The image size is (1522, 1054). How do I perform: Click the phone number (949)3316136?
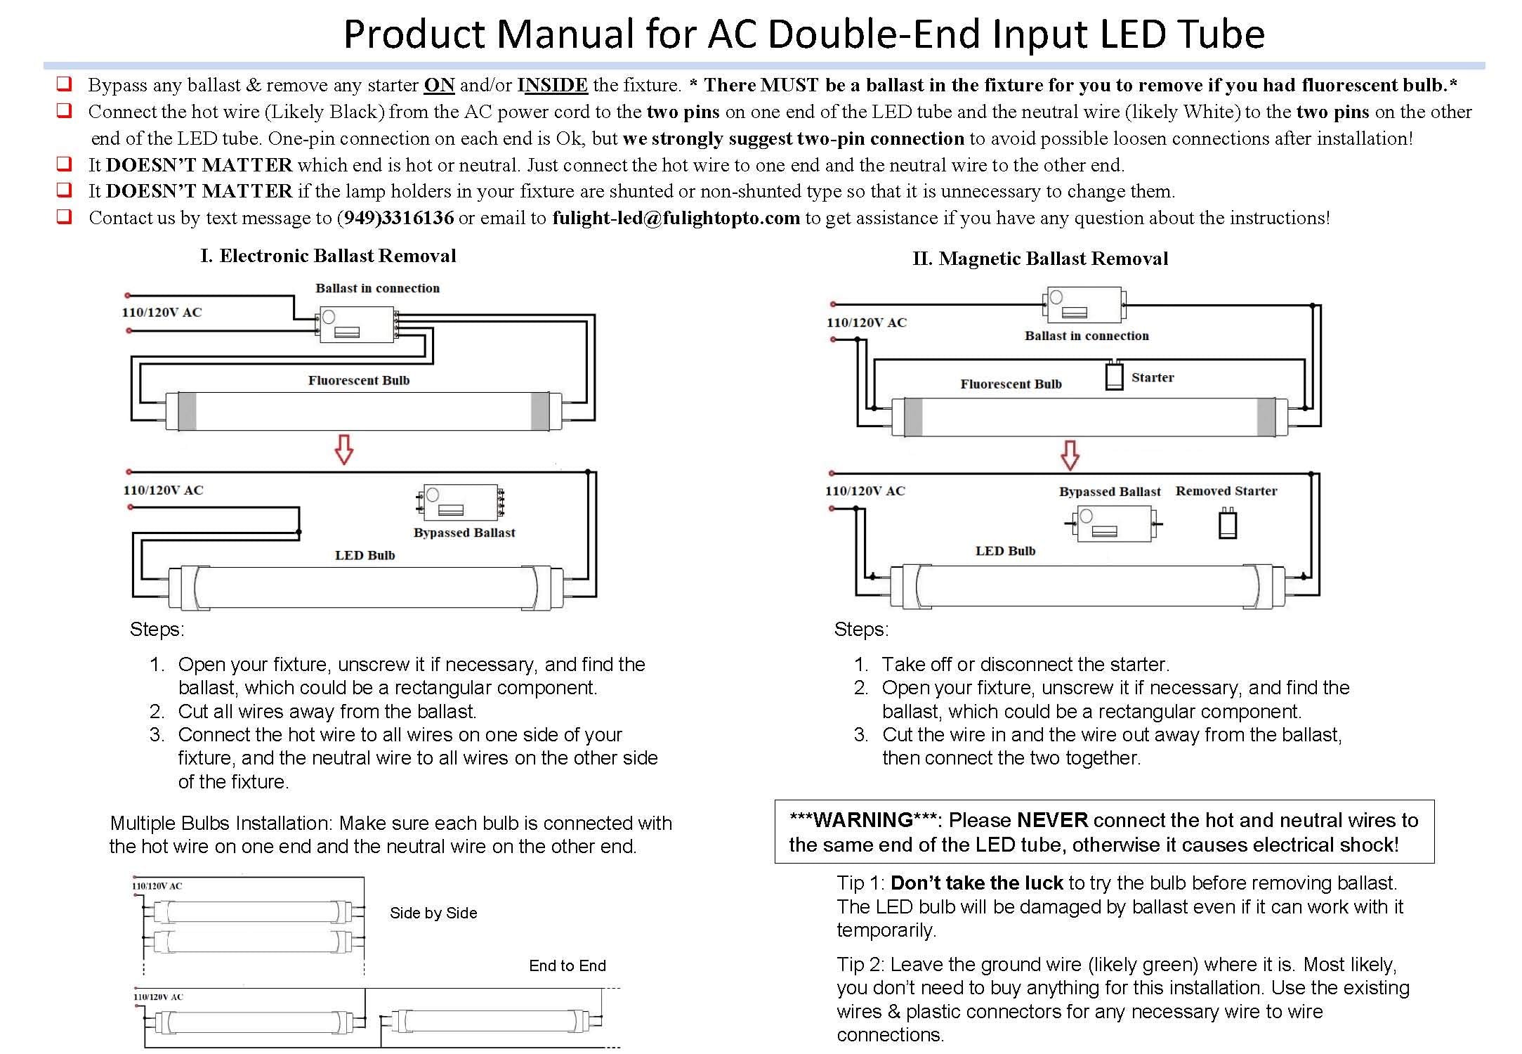(395, 218)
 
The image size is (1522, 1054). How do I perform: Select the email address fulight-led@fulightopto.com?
(676, 218)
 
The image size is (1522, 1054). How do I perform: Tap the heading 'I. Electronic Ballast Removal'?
(328, 256)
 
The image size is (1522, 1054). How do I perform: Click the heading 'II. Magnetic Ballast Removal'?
(1039, 259)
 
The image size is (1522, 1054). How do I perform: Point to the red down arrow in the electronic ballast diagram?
(343, 450)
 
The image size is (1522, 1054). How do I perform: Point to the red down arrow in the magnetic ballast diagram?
(1069, 455)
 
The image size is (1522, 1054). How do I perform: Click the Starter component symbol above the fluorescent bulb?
(1114, 376)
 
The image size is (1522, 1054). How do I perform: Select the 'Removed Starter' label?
(1226, 491)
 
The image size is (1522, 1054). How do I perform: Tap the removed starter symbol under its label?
(1227, 524)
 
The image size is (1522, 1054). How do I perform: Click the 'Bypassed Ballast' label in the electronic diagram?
(464, 533)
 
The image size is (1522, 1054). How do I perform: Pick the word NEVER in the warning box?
(1051, 820)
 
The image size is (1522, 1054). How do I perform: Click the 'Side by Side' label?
(433, 913)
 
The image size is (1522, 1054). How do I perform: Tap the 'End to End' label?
(567, 965)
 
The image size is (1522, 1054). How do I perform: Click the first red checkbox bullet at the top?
(64, 84)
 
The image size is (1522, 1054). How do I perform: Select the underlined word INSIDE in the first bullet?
(552, 85)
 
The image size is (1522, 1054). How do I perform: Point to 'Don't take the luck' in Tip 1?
(977, 883)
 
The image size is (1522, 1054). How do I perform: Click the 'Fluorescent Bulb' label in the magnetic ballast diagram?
(1010, 384)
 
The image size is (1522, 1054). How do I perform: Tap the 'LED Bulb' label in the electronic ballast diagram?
(365, 555)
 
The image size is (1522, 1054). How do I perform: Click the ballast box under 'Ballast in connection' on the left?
(356, 325)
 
